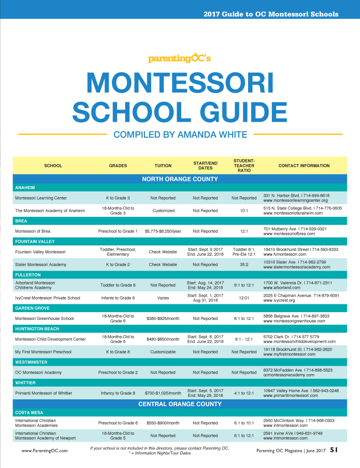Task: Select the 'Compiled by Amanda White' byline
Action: click(x=180, y=134)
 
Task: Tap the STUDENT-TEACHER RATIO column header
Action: click(x=244, y=166)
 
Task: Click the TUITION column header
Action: click(x=163, y=166)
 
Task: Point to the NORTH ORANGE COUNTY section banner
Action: click(x=180, y=179)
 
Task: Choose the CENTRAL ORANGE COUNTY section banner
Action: click(x=180, y=404)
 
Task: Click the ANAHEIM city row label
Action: click(x=25, y=187)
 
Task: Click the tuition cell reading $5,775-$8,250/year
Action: click(x=163, y=231)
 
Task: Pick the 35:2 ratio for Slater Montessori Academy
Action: click(x=244, y=264)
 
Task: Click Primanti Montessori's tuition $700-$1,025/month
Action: click(x=163, y=393)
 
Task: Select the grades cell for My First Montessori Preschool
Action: click(x=118, y=352)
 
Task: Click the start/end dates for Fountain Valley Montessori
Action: click(x=205, y=252)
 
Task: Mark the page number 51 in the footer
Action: click(x=334, y=450)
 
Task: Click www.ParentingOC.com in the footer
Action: click(x=44, y=451)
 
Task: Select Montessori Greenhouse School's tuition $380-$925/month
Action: click(x=163, y=318)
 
